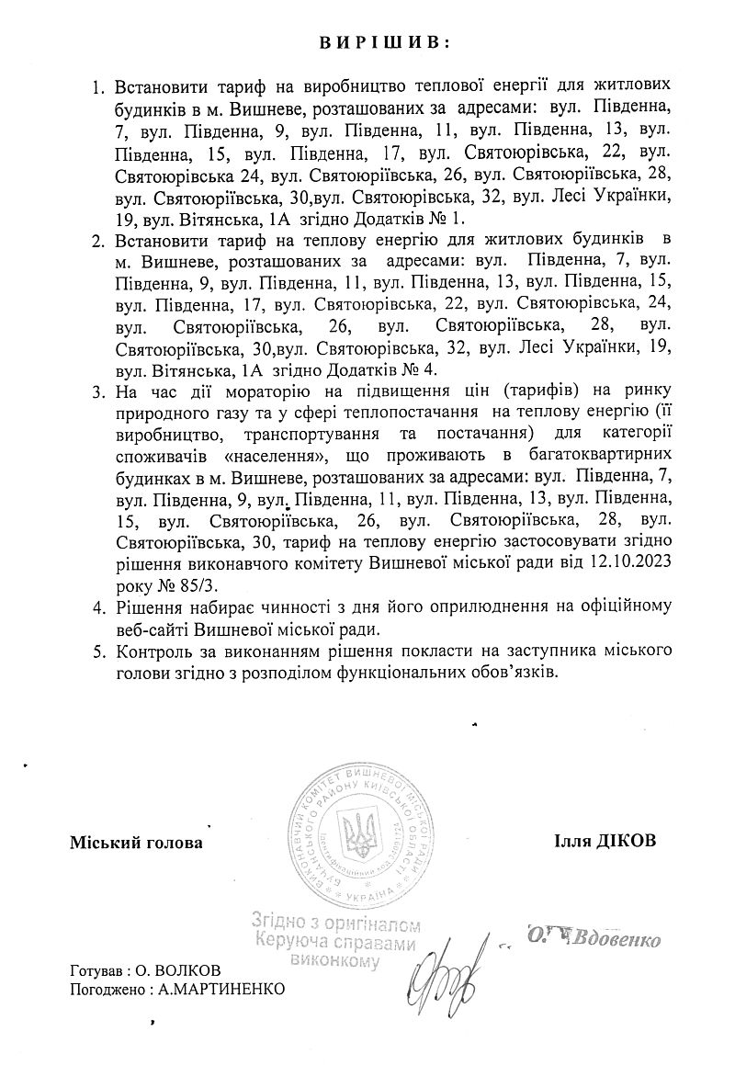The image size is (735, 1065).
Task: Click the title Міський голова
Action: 135,842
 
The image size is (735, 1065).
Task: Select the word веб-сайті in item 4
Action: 153,629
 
